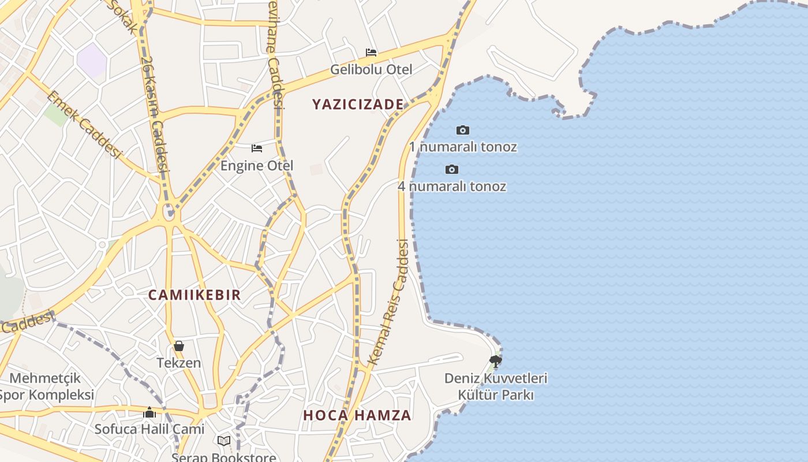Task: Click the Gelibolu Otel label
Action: (371, 70)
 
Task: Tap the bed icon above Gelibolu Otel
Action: (371, 53)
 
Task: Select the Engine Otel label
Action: (257, 166)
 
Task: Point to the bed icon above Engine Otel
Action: (257, 148)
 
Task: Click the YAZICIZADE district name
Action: (358, 105)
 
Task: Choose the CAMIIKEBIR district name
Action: (194, 295)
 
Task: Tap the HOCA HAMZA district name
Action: (357, 415)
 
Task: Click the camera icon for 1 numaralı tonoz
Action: (463, 130)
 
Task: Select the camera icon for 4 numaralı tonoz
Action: (452, 169)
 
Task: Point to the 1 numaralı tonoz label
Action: (463, 147)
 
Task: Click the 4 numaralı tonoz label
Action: (452, 186)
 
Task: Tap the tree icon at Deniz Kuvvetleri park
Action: (495, 362)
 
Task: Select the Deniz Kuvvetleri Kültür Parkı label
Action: (496, 386)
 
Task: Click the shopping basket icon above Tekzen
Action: (179, 346)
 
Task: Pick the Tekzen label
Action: (179, 363)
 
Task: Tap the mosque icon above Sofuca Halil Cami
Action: (149, 412)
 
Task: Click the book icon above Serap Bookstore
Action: (224, 441)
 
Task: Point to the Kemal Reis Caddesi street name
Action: (388, 303)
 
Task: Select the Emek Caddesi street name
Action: (84, 125)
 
